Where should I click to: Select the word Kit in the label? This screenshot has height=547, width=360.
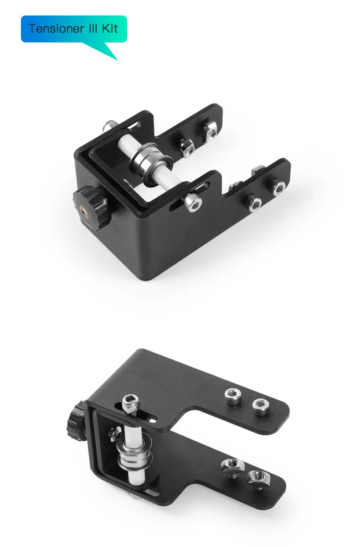pyautogui.click(x=110, y=29)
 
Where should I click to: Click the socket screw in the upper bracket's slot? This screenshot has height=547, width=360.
pyautogui.click(x=193, y=202)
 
